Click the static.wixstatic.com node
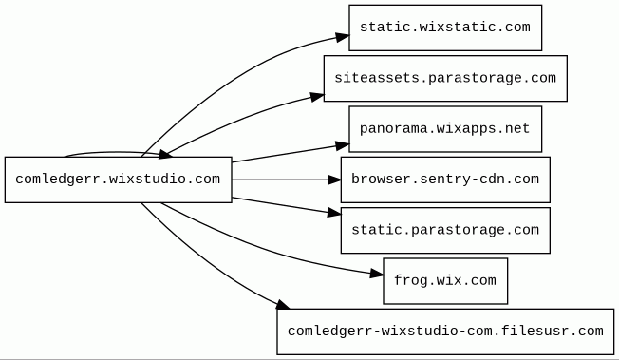tap(445, 28)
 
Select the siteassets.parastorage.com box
tap(445, 78)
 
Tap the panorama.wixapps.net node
tap(445, 129)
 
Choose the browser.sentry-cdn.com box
tap(445, 180)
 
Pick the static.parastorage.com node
tap(445, 231)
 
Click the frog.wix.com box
tap(445, 281)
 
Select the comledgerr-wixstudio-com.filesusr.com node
tap(445, 332)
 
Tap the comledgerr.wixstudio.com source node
tap(118, 180)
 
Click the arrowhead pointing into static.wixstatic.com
tap(343, 37)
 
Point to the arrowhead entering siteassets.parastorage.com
tap(317, 97)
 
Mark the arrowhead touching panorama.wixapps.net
tap(343, 146)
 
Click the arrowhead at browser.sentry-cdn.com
tap(334, 180)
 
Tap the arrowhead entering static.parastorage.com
tap(334, 213)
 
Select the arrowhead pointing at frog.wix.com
tap(377, 273)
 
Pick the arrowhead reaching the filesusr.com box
tap(283, 305)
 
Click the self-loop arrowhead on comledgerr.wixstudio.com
tap(165, 154)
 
